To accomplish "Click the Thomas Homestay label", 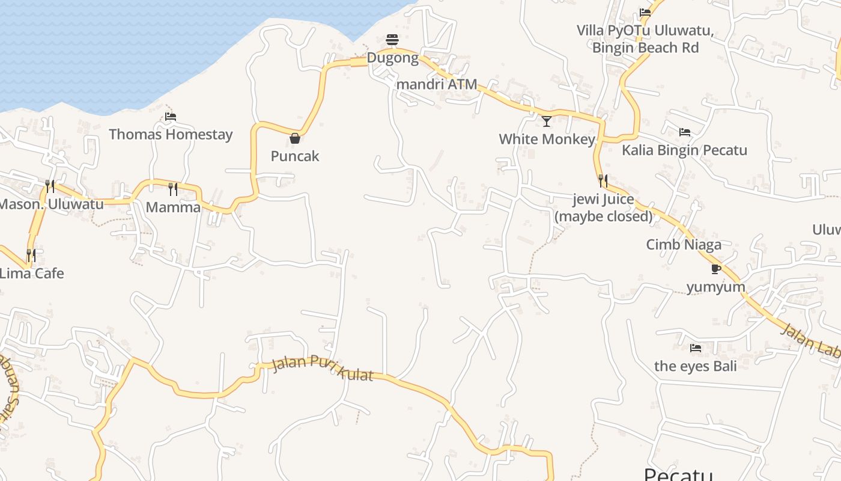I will pyautogui.click(x=171, y=134).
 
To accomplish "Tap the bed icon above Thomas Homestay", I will pyautogui.click(x=171, y=117).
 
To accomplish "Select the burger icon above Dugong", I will pyautogui.click(x=392, y=40).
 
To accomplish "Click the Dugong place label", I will pyautogui.click(x=392, y=58).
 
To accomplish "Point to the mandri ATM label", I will pyautogui.click(x=437, y=84).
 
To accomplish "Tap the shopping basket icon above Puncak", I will pyautogui.click(x=295, y=138).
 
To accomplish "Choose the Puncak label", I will pyautogui.click(x=295, y=156).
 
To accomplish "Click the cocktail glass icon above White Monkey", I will pyautogui.click(x=547, y=121).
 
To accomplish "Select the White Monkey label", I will pyautogui.click(x=547, y=139).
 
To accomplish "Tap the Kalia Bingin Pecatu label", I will pyautogui.click(x=684, y=150).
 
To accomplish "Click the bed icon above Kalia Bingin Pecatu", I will pyautogui.click(x=684, y=132).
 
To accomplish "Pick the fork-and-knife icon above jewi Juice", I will pyautogui.click(x=603, y=180).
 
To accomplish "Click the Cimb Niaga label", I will pyautogui.click(x=684, y=244).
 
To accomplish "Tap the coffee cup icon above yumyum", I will pyautogui.click(x=715, y=269).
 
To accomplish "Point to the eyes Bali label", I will pyautogui.click(x=695, y=366).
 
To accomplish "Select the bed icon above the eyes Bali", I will pyautogui.click(x=696, y=348).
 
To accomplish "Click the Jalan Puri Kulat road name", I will pyautogui.click(x=323, y=368).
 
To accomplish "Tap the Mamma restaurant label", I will pyautogui.click(x=173, y=207).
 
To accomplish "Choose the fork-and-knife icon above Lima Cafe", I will pyautogui.click(x=31, y=256).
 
